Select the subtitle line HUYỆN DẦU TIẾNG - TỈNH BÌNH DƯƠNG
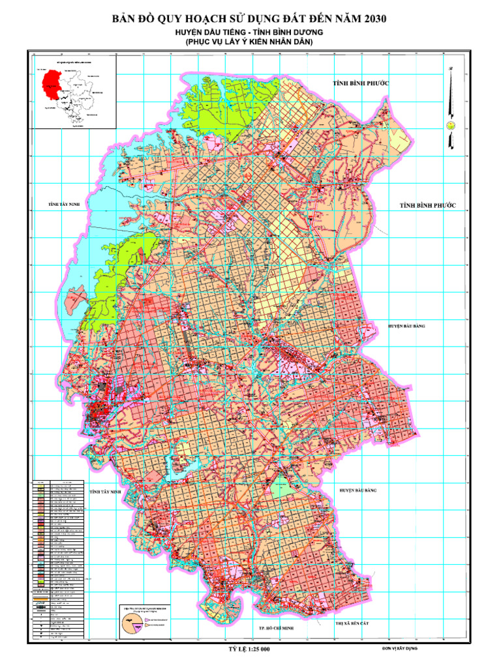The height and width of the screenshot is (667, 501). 250,32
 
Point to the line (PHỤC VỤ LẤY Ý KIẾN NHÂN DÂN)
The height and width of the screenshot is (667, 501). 250,42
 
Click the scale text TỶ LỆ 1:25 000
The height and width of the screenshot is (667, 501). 249,649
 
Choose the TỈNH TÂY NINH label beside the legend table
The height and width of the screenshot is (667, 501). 106,490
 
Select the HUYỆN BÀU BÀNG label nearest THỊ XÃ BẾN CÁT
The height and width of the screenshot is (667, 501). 358,489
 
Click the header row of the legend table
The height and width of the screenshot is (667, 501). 59,482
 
